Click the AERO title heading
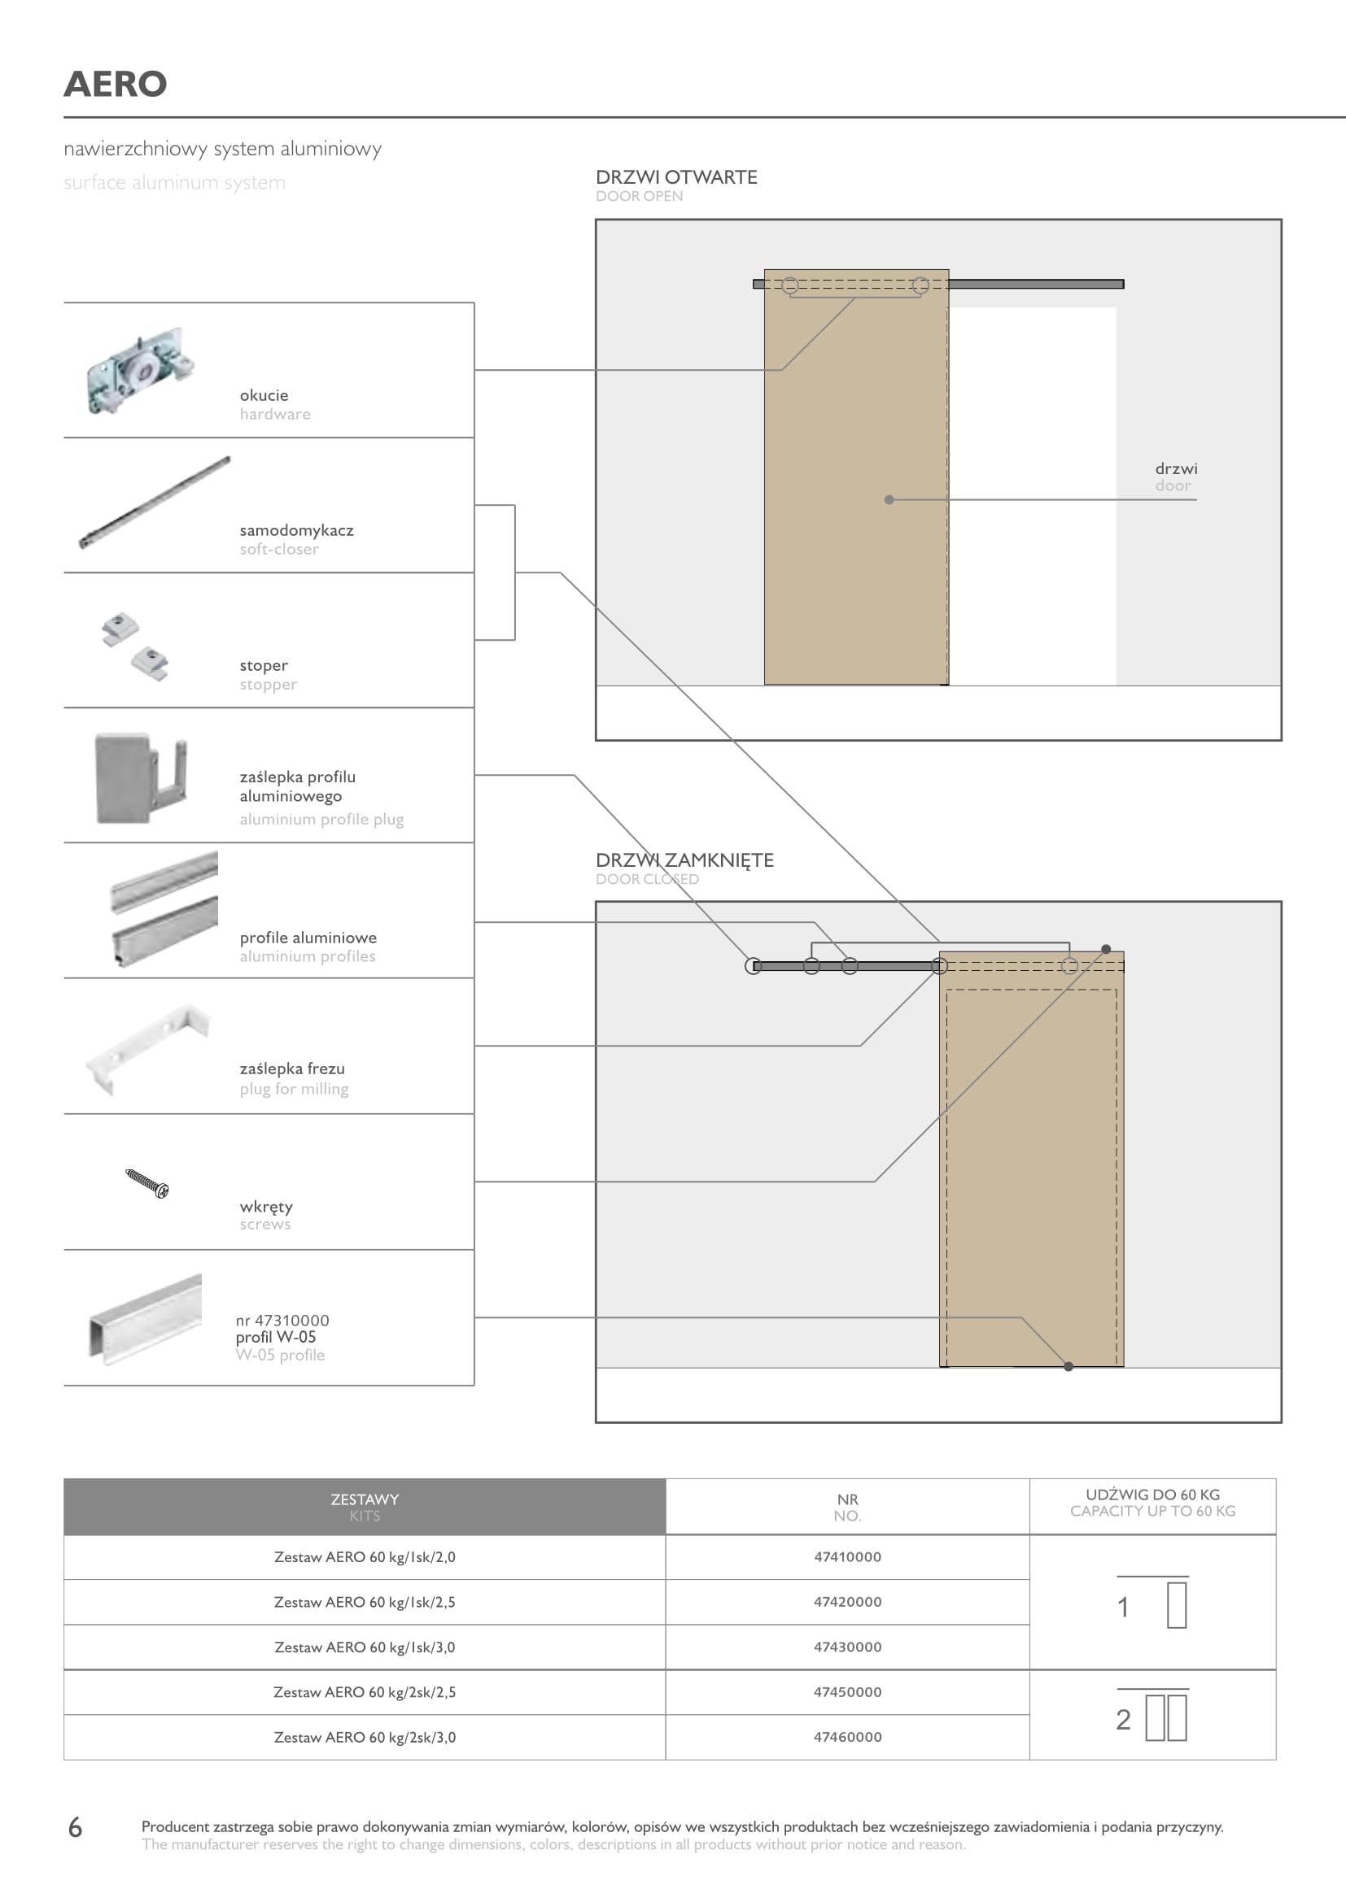(x=116, y=84)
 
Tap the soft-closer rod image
(x=154, y=502)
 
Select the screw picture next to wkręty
(x=146, y=1182)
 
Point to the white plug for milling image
(x=147, y=1048)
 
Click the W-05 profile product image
(x=146, y=1318)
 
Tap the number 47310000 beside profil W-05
(x=282, y=1320)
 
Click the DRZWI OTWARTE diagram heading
(x=676, y=177)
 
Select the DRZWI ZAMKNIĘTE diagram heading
(x=684, y=860)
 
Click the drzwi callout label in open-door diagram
(x=1176, y=469)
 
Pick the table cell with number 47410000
(x=847, y=1556)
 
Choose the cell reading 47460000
(x=847, y=1736)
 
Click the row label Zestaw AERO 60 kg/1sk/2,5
(x=365, y=1602)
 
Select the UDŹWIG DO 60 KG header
(x=1152, y=1495)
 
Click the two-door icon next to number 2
(x=1166, y=1717)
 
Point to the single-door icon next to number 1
(x=1176, y=1604)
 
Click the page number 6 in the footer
(x=76, y=1826)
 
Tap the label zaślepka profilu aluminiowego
(x=298, y=786)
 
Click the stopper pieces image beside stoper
(x=135, y=646)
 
